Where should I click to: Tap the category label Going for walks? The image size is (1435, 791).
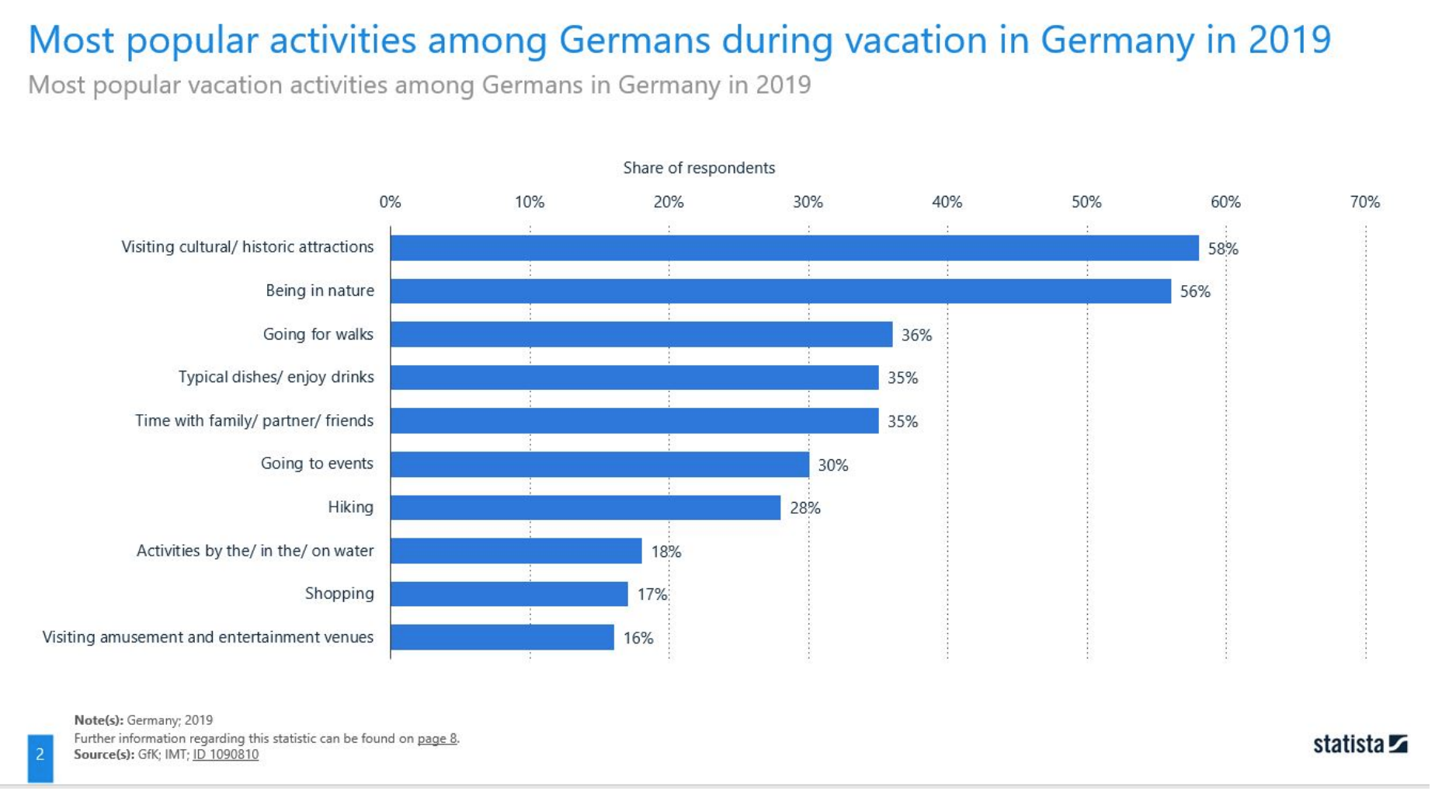coord(319,335)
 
